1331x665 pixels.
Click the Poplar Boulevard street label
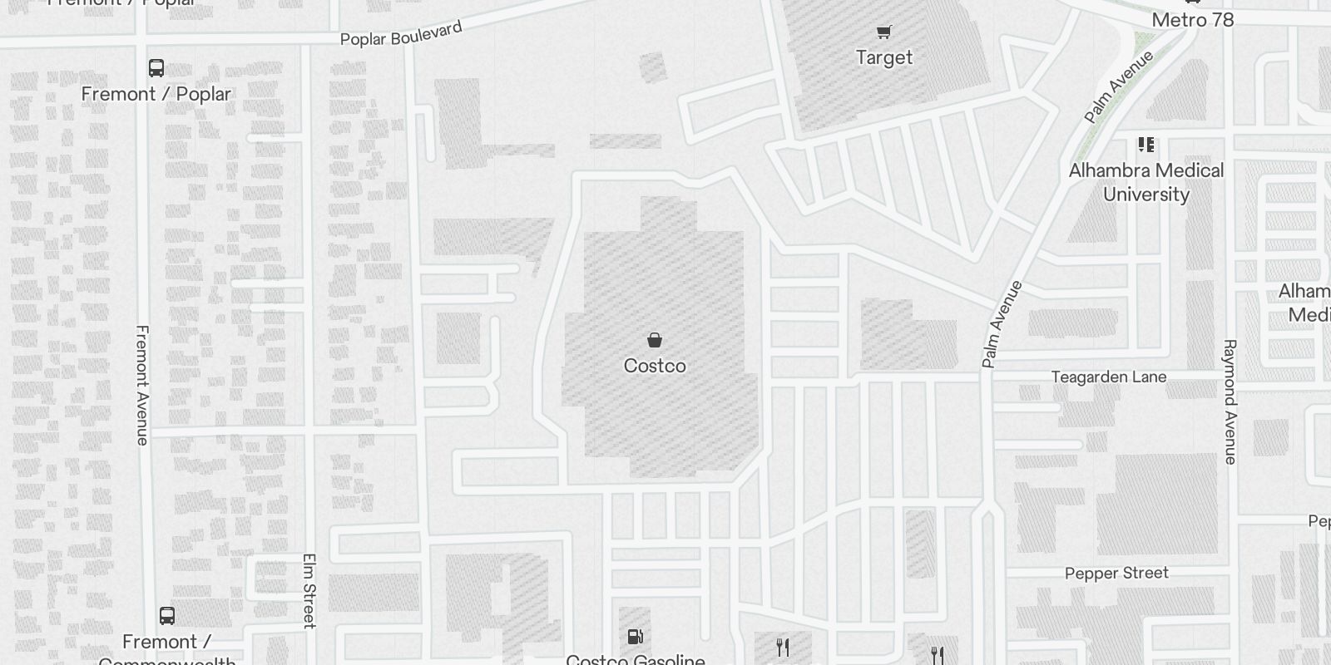401,34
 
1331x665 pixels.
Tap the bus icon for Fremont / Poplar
156,68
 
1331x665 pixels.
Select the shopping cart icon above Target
883,32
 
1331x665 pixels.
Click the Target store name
883,57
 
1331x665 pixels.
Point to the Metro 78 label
1192,19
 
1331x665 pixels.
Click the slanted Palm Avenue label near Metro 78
1119,86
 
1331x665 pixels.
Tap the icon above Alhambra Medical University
1146,145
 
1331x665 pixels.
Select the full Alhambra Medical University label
1145,182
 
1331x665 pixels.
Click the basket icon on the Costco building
655,339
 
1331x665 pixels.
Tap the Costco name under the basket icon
655,366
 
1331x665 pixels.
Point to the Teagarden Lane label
1108,377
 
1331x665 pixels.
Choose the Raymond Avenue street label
1230,401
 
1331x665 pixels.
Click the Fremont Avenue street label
142,385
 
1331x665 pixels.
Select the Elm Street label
309,590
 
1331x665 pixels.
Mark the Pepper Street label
1116,573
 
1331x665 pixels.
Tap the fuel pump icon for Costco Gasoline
635,637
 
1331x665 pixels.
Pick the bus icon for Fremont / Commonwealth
167,616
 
